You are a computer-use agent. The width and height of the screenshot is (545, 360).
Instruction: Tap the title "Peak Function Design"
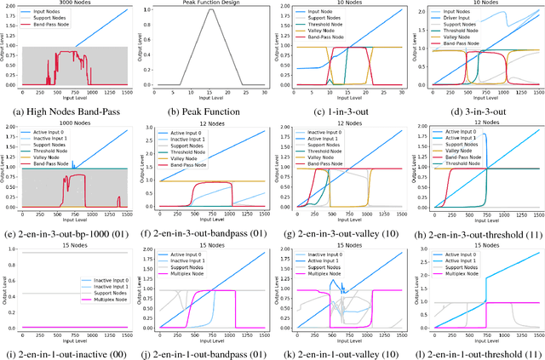pyautogui.click(x=204, y=5)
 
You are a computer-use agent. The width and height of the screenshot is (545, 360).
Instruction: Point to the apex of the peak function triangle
pyautogui.click(x=204, y=11)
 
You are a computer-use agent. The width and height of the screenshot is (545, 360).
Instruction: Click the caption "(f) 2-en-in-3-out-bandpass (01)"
pyautogui.click(x=204, y=228)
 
